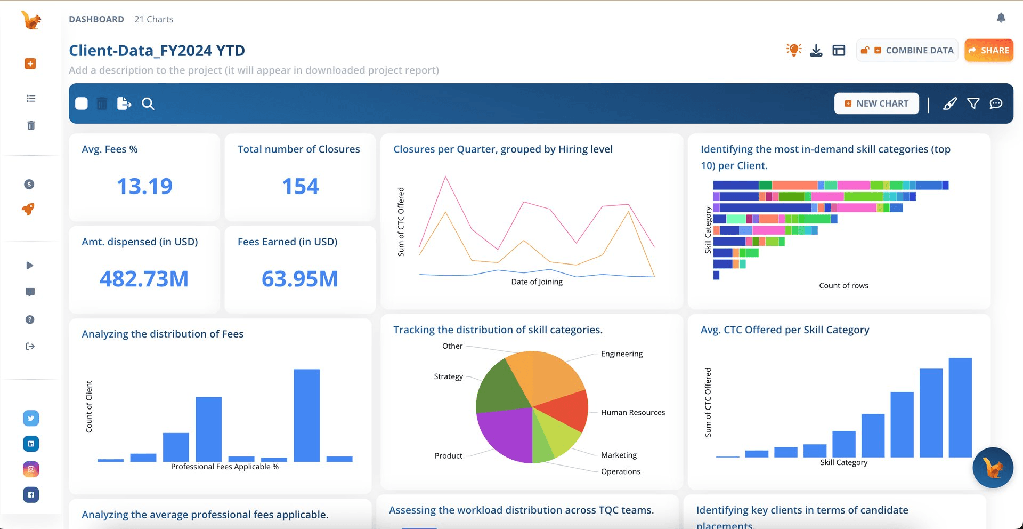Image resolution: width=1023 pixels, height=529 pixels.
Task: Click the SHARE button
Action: click(x=988, y=50)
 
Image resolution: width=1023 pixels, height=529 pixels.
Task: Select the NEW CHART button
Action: click(x=876, y=103)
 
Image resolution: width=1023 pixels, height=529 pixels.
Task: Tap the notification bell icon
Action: click(x=1001, y=18)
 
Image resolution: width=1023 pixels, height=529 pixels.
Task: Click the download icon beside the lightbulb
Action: click(x=816, y=50)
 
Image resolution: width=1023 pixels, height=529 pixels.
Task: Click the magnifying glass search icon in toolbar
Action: click(x=148, y=103)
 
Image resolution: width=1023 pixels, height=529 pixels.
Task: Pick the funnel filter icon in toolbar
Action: click(x=973, y=103)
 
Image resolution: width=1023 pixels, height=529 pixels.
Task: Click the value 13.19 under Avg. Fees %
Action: click(x=144, y=186)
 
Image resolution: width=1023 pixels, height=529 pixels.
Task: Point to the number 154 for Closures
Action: click(x=300, y=186)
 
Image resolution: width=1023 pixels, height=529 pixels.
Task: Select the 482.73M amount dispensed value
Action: click(x=144, y=278)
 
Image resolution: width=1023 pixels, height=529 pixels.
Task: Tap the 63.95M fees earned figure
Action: click(x=300, y=278)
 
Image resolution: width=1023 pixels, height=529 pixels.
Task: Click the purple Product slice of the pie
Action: click(x=504, y=435)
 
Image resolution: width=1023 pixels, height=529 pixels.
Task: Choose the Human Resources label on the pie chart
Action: click(x=632, y=412)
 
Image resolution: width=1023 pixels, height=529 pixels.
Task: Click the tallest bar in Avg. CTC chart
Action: click(x=960, y=407)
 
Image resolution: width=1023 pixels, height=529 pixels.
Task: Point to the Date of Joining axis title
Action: click(x=537, y=282)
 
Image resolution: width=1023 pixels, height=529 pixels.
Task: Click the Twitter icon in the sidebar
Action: click(x=31, y=418)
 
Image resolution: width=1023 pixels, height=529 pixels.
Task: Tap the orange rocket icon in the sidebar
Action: click(x=29, y=209)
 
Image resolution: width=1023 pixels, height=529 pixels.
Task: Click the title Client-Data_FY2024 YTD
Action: click(x=157, y=50)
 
